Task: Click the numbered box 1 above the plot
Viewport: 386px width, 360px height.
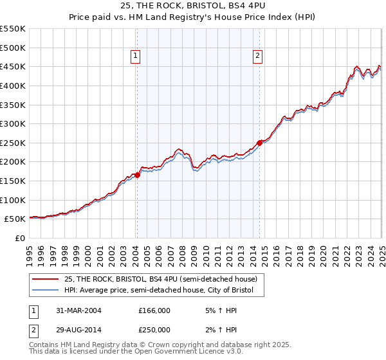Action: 136,57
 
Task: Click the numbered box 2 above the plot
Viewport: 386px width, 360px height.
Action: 257,57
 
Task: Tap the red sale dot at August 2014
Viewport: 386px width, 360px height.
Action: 260,142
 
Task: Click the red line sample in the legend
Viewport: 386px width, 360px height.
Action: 46,279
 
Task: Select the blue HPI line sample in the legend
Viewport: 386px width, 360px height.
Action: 46,291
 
